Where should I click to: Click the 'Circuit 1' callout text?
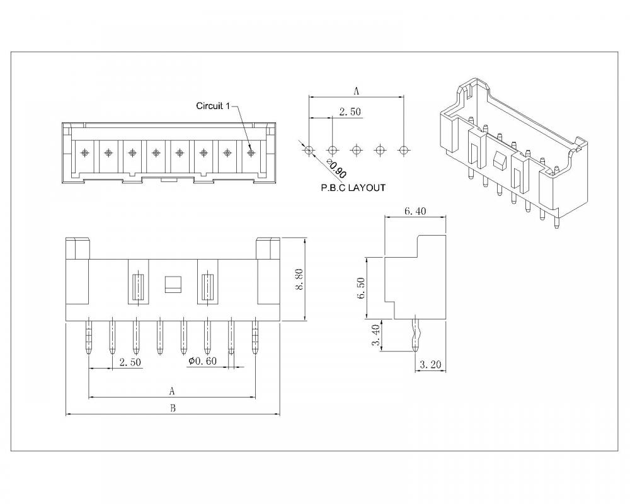[x=214, y=106]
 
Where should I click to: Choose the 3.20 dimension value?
[x=431, y=363]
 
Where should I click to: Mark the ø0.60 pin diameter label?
[x=203, y=362]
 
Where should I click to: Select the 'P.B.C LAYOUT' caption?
[x=353, y=188]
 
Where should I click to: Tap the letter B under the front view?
[x=173, y=408]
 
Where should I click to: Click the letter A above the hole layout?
[x=356, y=91]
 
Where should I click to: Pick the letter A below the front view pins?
[x=172, y=391]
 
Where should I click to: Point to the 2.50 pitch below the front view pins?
[x=129, y=362]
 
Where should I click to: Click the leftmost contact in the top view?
[x=84, y=152]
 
